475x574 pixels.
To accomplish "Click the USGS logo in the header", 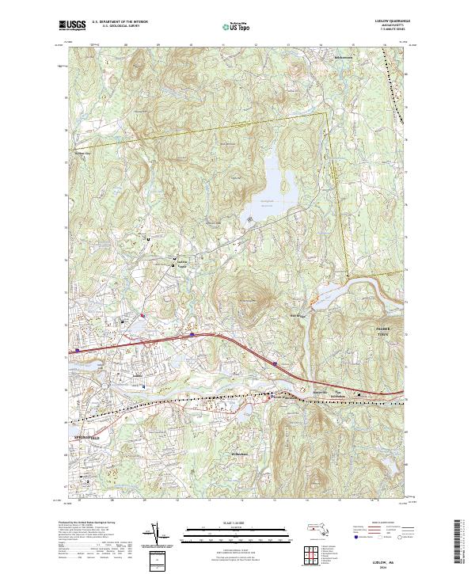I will click(72, 25).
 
